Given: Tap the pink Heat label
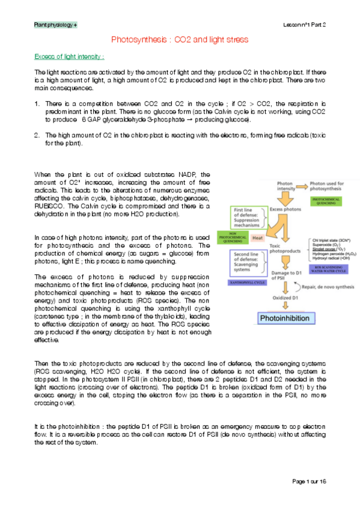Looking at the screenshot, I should [258, 238].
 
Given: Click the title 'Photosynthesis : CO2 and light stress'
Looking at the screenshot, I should [180, 39].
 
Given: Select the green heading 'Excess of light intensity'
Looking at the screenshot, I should [69, 57].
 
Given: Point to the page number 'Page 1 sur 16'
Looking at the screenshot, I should [310, 481].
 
